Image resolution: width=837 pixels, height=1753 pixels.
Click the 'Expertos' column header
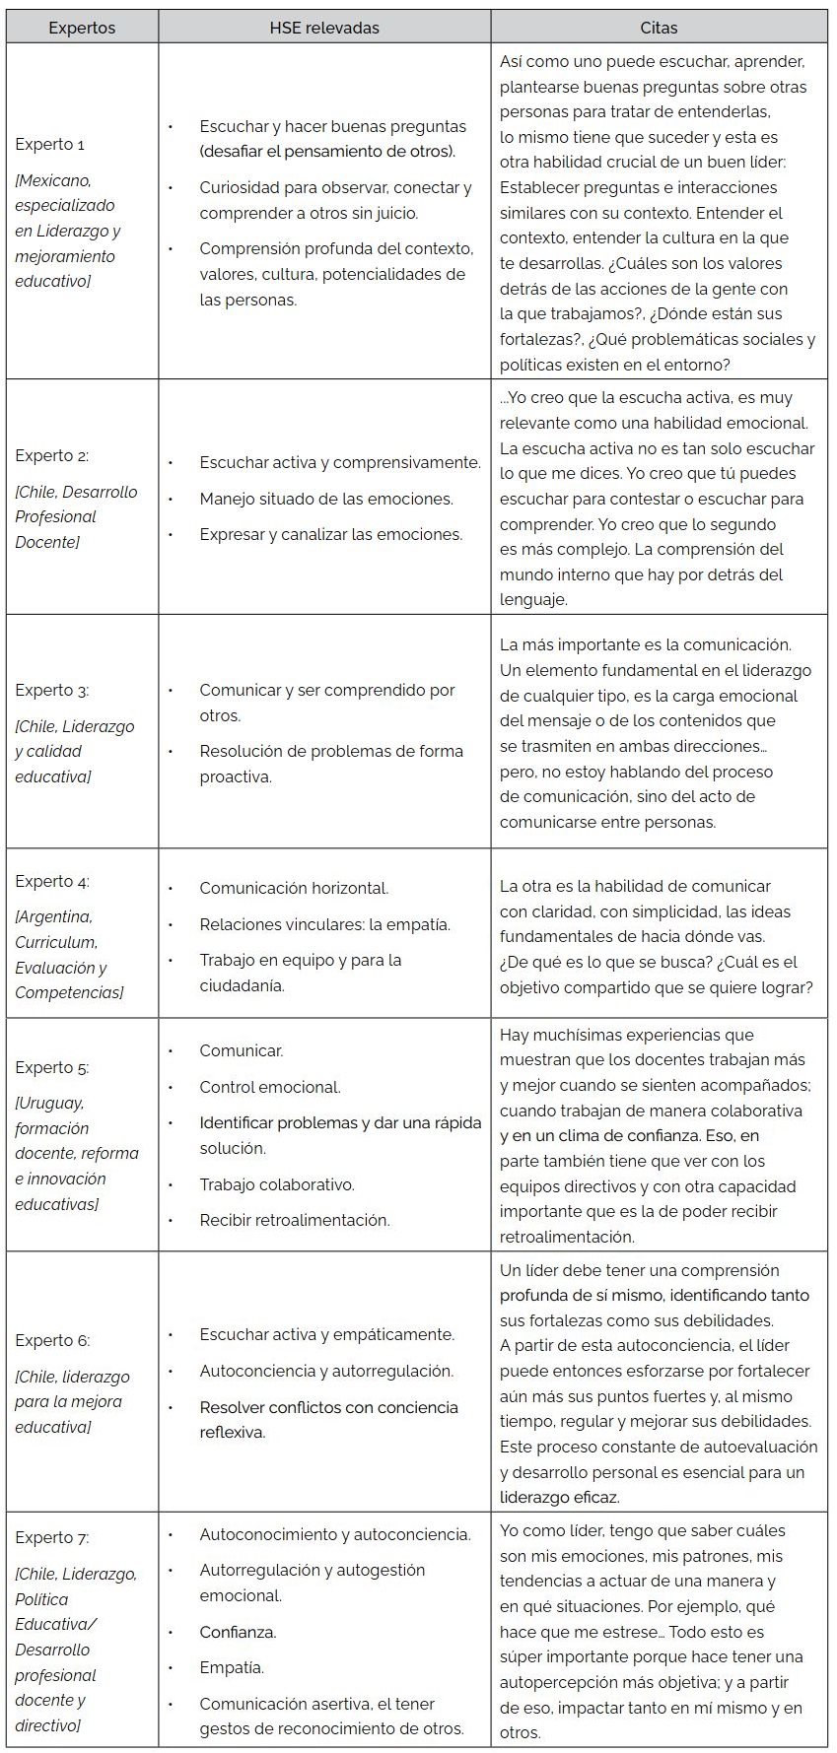[82, 28]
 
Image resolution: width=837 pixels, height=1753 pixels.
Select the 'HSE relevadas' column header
[324, 28]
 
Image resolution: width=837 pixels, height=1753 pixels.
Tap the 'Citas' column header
[659, 28]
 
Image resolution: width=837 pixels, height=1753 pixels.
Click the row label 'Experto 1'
[50, 145]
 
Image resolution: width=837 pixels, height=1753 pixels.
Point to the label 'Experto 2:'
[52, 455]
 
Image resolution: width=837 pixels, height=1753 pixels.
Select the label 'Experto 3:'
[52, 690]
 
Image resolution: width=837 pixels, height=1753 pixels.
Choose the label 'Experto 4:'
[52, 881]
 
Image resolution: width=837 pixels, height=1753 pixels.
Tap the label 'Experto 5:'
[52, 1067]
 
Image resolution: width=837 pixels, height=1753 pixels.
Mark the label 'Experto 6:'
[52, 1340]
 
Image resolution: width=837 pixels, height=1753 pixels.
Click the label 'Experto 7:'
[52, 1537]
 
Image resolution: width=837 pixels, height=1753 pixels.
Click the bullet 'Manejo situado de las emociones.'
[326, 499]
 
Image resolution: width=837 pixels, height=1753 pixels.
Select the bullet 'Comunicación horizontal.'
[294, 888]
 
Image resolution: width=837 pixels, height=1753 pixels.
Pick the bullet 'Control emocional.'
[270, 1087]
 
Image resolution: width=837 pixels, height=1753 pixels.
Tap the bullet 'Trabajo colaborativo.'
[277, 1184]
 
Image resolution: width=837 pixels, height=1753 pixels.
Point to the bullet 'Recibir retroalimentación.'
[295, 1220]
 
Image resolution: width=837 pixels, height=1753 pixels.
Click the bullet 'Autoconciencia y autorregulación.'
[326, 1371]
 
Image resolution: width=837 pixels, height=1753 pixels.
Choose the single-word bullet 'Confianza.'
[238, 1632]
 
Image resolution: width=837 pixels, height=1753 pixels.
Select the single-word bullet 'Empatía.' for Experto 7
[232, 1667]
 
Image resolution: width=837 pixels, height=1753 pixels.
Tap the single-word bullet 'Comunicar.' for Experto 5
[242, 1050]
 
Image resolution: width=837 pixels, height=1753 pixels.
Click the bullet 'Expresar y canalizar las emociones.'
[330, 534]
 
